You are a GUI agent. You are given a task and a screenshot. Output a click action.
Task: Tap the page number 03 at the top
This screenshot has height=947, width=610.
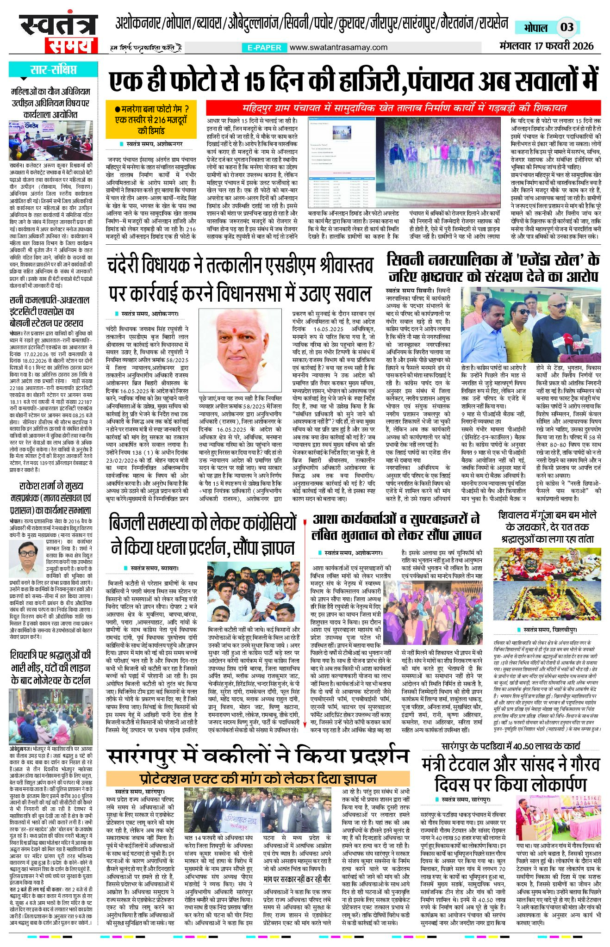(566, 27)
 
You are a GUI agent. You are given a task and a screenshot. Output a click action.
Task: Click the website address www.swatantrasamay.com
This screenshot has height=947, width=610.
(338, 47)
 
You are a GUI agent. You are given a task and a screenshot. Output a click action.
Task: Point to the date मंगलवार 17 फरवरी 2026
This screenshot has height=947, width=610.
(546, 46)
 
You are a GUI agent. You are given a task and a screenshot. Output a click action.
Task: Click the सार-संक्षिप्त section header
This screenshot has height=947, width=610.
(53, 70)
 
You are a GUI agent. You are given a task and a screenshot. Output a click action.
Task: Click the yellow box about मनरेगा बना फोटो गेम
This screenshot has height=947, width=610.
(152, 120)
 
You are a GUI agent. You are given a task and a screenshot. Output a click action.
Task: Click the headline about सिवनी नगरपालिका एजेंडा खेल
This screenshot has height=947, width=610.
(492, 268)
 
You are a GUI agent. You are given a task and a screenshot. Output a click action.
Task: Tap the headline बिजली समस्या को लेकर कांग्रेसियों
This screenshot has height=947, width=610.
(203, 535)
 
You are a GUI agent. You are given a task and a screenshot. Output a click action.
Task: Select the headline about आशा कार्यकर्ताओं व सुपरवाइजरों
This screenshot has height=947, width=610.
(396, 527)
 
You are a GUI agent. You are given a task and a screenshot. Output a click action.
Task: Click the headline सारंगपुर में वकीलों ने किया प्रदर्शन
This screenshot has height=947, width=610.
(258, 755)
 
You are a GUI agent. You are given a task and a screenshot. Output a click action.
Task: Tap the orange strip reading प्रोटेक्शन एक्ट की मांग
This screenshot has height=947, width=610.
(258, 779)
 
